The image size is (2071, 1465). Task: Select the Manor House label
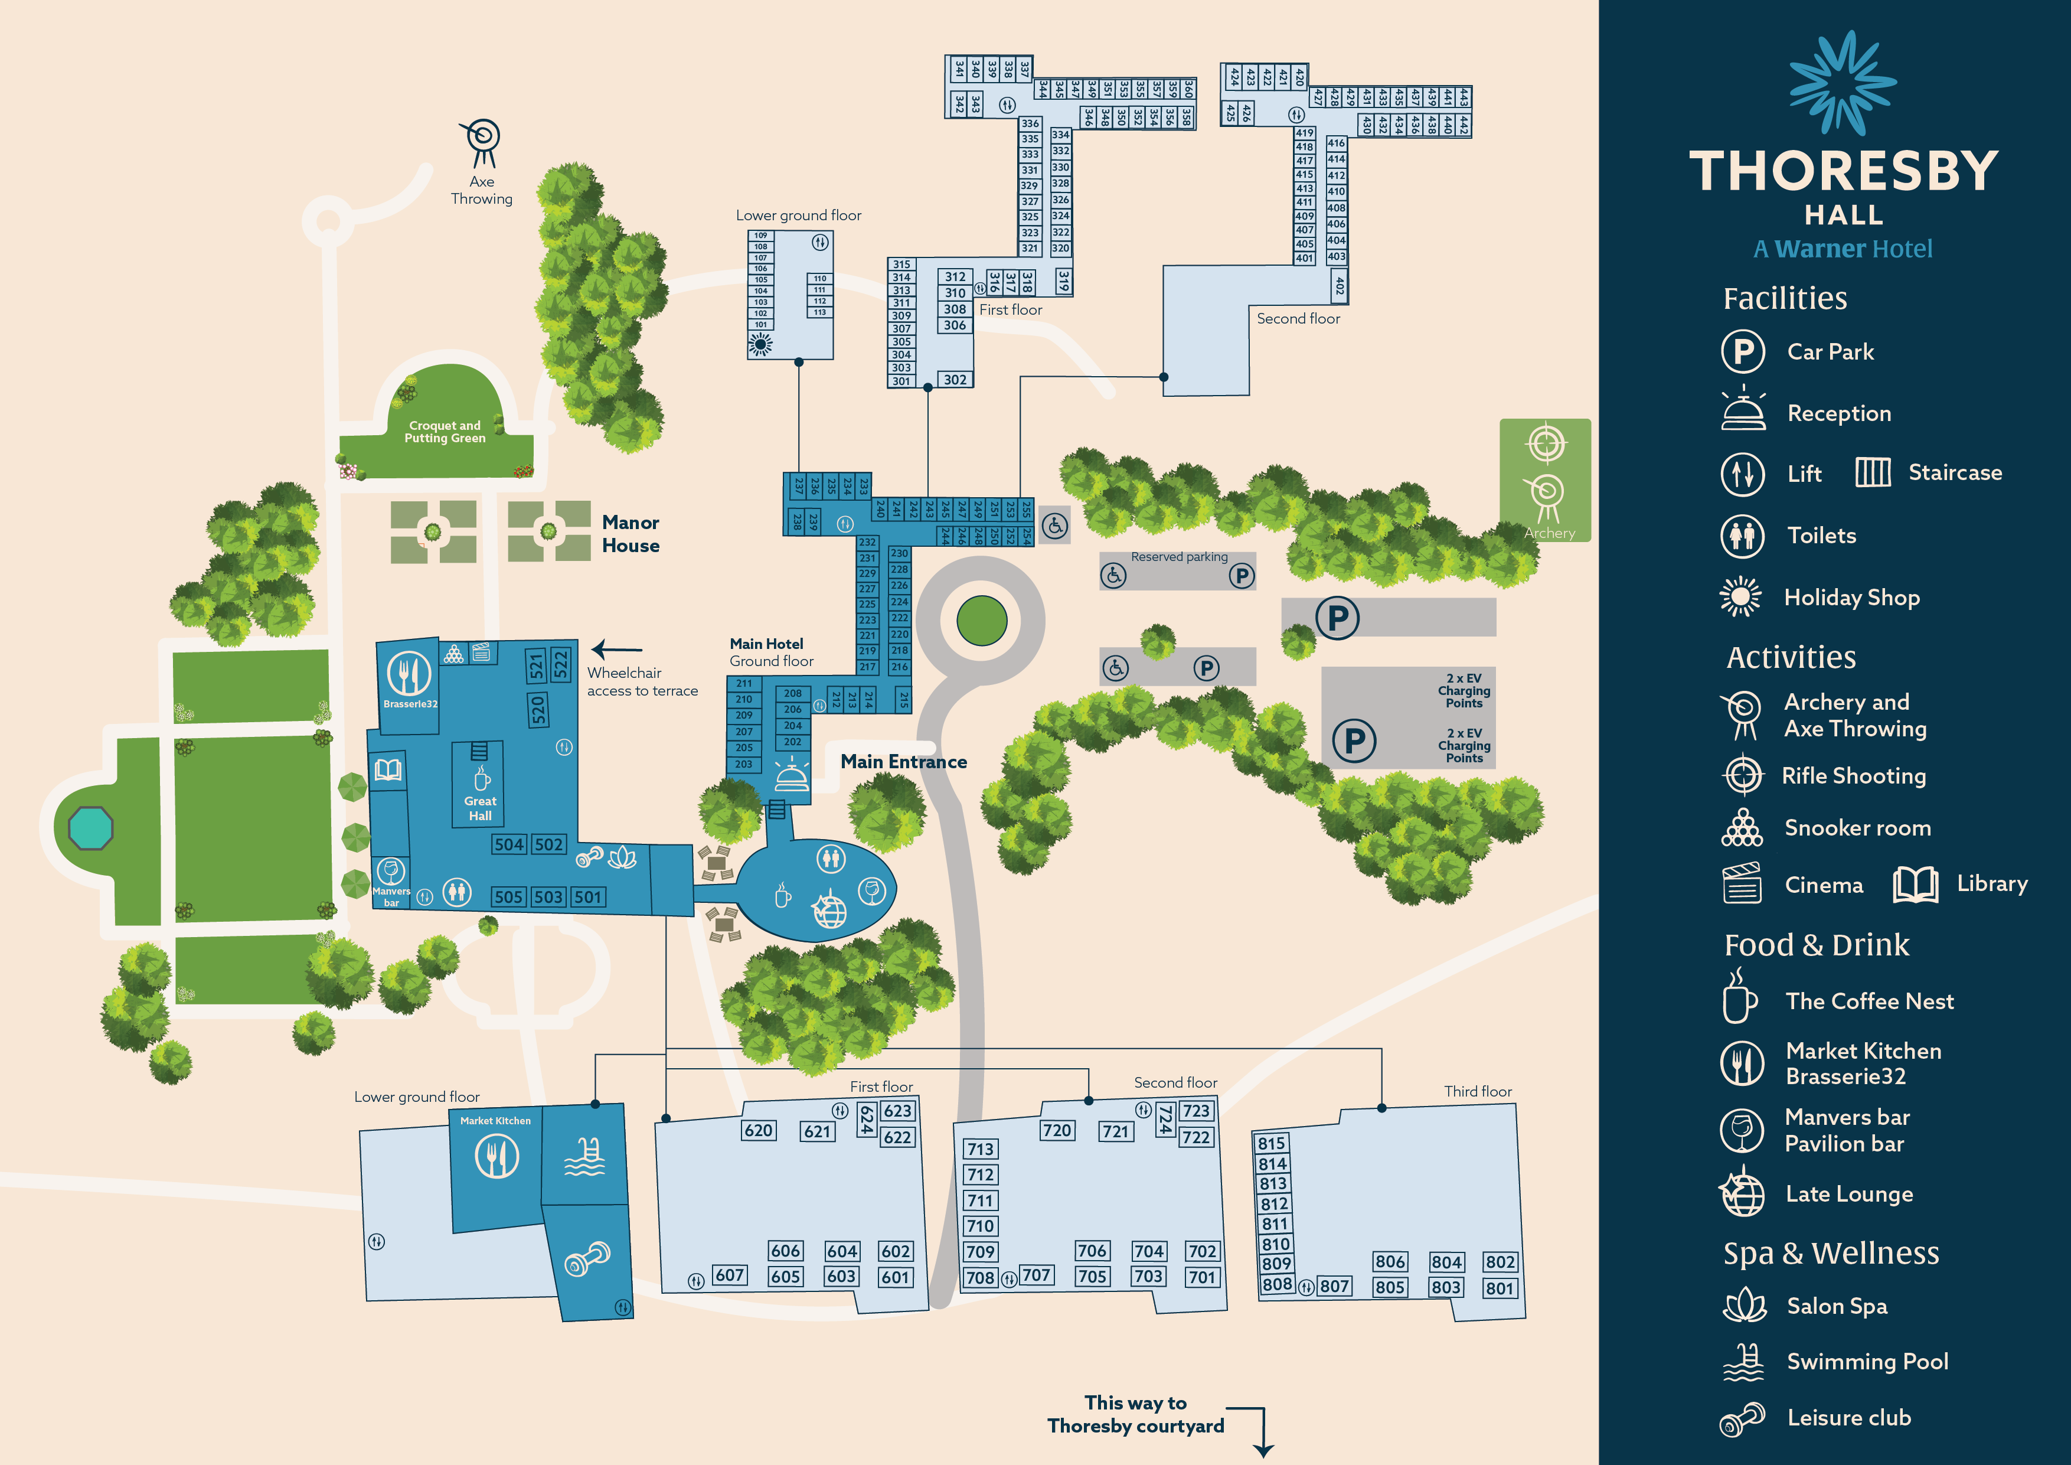click(631, 534)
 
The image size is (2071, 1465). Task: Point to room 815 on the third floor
click(1271, 1143)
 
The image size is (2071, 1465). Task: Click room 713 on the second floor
click(981, 1149)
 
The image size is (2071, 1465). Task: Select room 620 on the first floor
click(757, 1130)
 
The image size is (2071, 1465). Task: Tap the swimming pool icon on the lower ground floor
click(584, 1157)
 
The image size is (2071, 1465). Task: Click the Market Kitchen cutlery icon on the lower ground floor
click(496, 1156)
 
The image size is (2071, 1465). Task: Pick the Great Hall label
click(480, 808)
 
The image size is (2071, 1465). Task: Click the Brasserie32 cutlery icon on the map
click(409, 673)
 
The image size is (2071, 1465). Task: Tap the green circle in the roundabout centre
click(981, 621)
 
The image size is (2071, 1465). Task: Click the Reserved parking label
click(1179, 557)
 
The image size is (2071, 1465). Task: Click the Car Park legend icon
click(1743, 352)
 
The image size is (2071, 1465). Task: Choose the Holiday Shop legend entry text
click(1851, 597)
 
